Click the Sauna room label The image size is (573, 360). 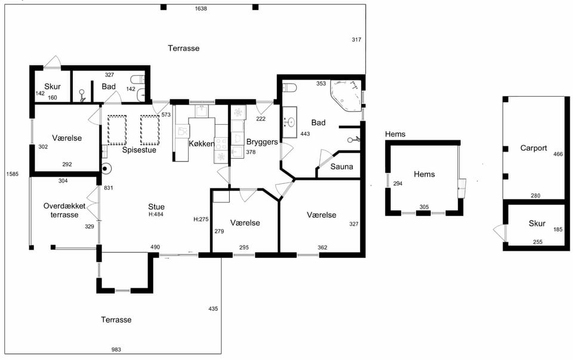[341, 167]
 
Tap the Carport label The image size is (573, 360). [534, 148]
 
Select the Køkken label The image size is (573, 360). [201, 144]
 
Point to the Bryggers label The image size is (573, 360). [262, 142]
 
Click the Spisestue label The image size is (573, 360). [139, 150]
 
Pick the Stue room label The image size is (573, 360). [156, 207]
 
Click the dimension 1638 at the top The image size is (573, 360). [201, 9]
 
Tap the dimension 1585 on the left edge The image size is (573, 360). [13, 174]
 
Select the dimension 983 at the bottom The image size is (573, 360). [116, 350]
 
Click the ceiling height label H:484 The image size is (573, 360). [156, 214]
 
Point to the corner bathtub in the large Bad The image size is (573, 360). [346, 95]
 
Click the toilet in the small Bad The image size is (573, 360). [137, 79]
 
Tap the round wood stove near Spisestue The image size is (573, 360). [106, 168]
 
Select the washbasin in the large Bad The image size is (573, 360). [290, 122]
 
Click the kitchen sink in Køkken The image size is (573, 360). [201, 111]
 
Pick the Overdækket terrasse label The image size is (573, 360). [64, 210]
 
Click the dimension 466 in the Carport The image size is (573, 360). [558, 154]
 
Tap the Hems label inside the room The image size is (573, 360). [424, 174]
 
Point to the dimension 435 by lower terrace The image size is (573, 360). [213, 309]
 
